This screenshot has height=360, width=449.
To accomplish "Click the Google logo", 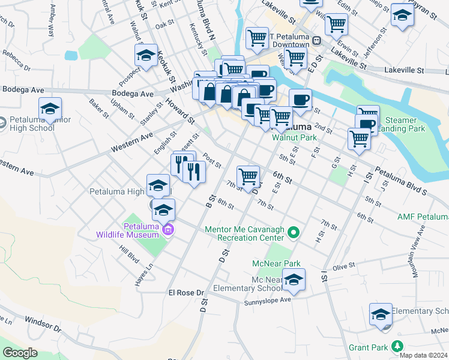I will (x=20, y=353).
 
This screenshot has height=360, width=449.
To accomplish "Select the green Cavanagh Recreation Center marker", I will (x=294, y=232).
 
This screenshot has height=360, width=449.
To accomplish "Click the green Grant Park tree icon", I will (x=397, y=346).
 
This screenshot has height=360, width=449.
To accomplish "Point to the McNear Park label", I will (x=276, y=263).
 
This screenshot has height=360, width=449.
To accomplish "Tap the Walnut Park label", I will (x=294, y=137).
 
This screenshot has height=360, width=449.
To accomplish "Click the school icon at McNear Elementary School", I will (x=293, y=280).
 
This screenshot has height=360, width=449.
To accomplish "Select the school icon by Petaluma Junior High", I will (x=50, y=109).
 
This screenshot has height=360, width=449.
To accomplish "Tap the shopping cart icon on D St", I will (x=248, y=176).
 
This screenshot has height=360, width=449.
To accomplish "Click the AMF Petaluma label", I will (x=423, y=216).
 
